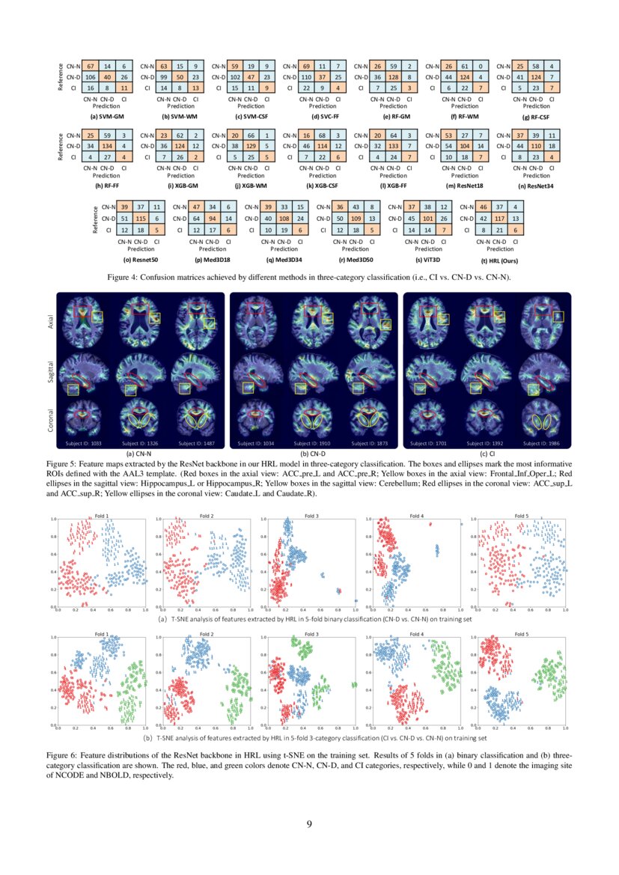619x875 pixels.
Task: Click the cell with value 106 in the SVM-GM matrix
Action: coord(89,76)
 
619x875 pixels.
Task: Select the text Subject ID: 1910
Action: coord(321,443)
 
